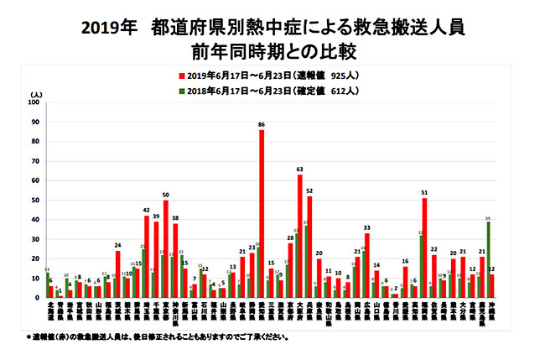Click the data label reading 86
(262, 124)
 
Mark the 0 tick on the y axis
(36, 297)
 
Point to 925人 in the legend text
(345, 73)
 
